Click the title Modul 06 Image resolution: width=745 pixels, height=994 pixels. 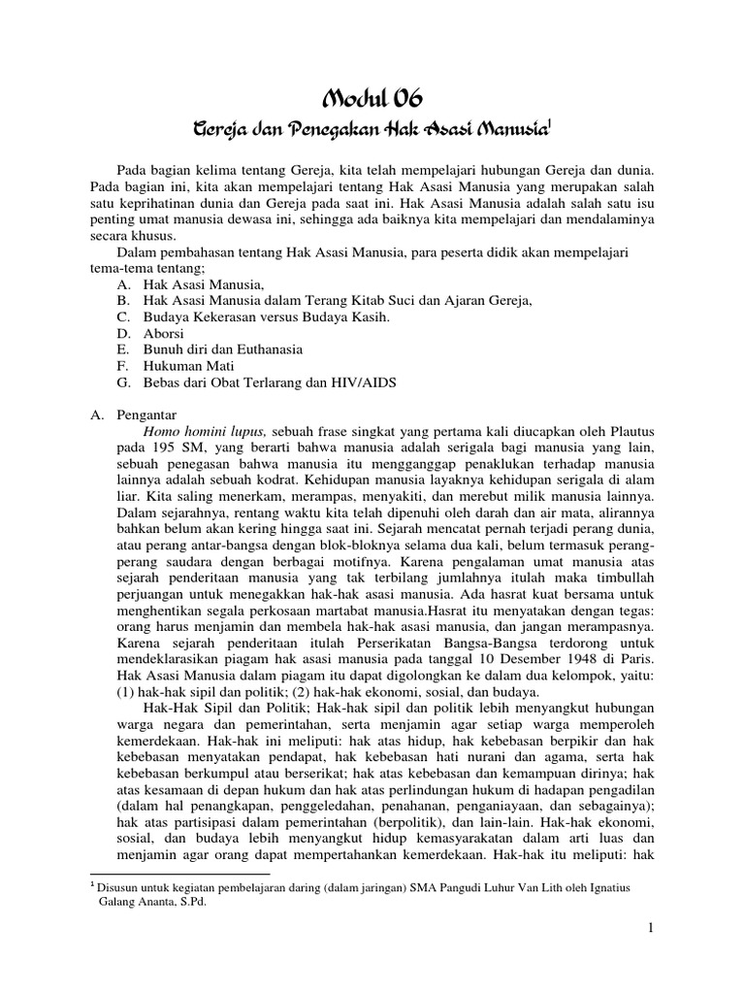pos(372,97)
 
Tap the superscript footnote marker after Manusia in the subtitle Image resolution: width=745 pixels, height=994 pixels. pos(550,123)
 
